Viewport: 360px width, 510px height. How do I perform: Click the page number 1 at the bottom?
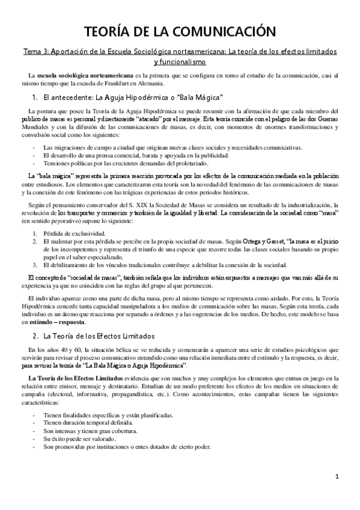point(338,494)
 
